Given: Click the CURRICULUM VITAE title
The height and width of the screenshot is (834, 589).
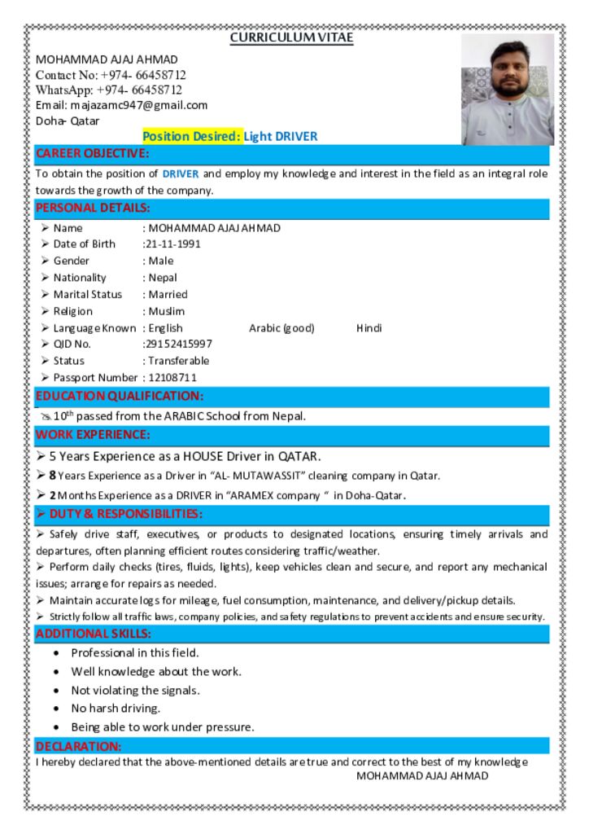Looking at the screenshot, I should pos(291,37).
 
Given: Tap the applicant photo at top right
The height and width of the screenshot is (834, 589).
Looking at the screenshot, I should pos(508,89).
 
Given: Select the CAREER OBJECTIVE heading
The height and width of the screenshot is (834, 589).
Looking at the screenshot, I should pos(92,154).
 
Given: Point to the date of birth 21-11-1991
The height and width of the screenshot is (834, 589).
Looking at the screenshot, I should pos(172,244).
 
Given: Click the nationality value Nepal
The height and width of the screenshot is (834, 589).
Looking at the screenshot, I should pos(163,278).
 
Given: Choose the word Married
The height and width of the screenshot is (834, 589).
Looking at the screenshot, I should pos(168,295).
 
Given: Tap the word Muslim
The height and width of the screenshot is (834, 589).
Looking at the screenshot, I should pos(167,311).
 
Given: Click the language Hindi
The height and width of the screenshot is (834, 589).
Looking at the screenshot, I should pos(369,328).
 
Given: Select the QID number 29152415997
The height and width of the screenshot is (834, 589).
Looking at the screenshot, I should pos(177,345).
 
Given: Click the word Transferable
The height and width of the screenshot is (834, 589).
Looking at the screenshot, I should pos(178,361).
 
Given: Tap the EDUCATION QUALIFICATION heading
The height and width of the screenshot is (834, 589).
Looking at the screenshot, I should pos(119,397).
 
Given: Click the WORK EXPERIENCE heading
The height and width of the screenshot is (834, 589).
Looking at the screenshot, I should pos(92,435).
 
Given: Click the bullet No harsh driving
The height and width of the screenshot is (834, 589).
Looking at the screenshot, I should pos(116,709).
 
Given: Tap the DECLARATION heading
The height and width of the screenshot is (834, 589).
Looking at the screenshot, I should pos(78,746).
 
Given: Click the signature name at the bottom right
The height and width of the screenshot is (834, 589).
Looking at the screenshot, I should pos(422,775).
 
